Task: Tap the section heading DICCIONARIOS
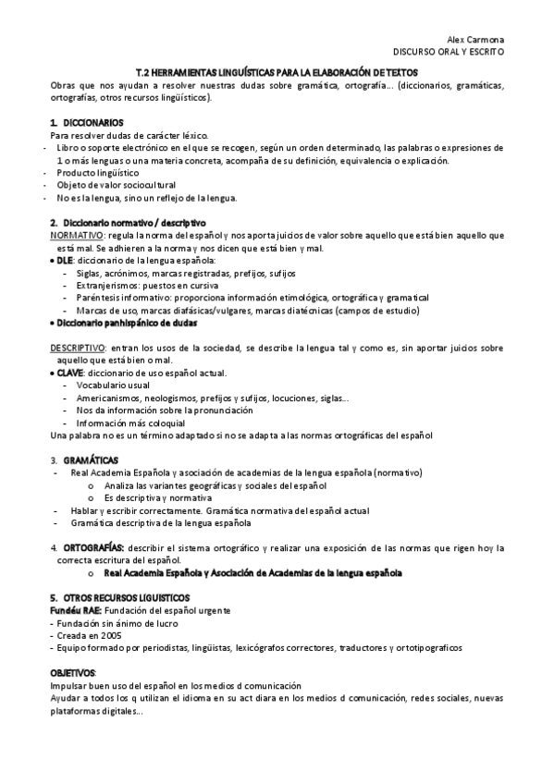(x=93, y=123)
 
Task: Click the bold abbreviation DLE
(x=64, y=261)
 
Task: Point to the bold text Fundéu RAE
(x=75, y=611)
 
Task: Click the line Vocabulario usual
(x=115, y=385)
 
